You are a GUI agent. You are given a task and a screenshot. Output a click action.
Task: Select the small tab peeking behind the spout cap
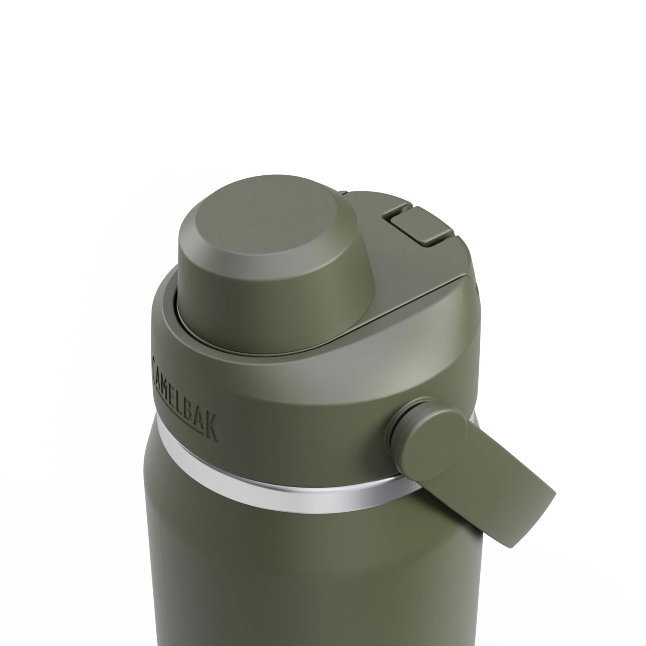[342, 193]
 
